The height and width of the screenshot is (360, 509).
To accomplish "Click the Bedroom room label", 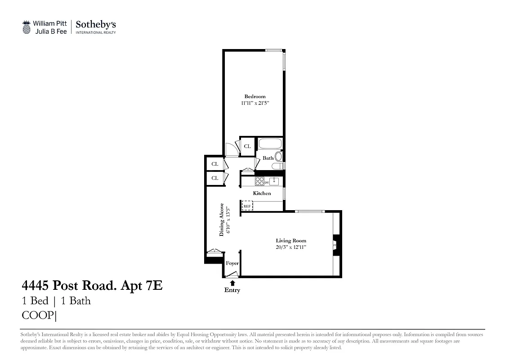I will click(x=254, y=96).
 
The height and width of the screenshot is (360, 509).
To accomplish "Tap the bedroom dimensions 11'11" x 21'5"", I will click(x=254, y=103).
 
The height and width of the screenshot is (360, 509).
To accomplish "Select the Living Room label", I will click(x=291, y=241).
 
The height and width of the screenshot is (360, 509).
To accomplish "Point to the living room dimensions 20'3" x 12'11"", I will click(x=291, y=247).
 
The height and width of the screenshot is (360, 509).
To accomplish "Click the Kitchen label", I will click(x=262, y=193).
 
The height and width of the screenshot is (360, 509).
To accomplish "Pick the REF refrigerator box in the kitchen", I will click(x=247, y=206).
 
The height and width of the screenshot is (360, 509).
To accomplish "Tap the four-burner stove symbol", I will click(x=259, y=181).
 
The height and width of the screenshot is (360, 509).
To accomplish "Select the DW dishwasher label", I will click(x=266, y=182).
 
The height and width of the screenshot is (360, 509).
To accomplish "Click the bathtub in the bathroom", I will click(x=270, y=144).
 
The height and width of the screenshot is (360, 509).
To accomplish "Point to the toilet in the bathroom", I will click(x=278, y=157).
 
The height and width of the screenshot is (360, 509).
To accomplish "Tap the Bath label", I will click(x=268, y=158).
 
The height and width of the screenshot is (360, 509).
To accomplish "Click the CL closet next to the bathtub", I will click(x=247, y=146).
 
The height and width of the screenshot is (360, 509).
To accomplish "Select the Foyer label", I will click(x=232, y=263).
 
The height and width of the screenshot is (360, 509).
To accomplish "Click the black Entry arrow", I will click(x=232, y=283).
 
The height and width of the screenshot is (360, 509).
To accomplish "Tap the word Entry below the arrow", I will click(x=232, y=290).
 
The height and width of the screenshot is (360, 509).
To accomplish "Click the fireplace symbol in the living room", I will click(x=334, y=245).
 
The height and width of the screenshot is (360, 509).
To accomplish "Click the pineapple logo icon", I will click(x=27, y=27).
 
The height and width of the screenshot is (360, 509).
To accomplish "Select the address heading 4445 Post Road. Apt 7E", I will click(x=92, y=285).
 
